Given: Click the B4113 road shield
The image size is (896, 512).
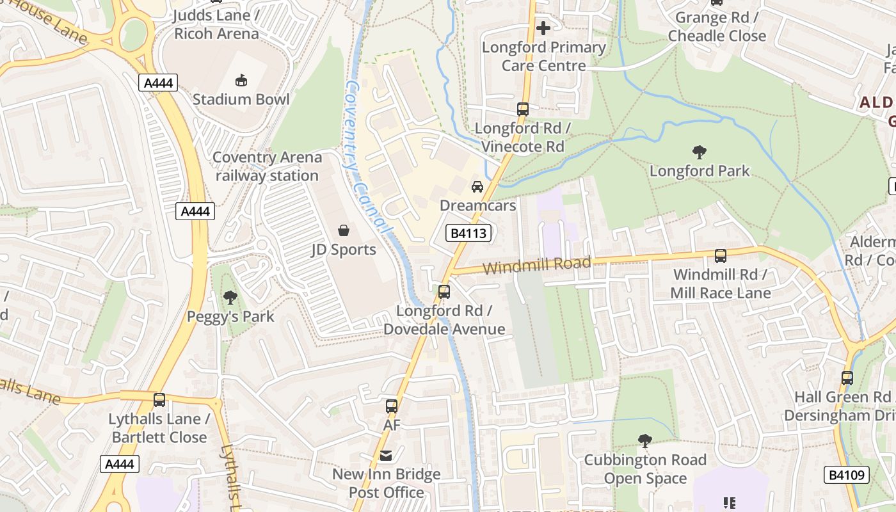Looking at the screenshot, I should [468, 234].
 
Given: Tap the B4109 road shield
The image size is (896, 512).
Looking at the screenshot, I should [846, 475].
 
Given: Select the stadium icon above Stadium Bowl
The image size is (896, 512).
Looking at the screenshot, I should [241, 81].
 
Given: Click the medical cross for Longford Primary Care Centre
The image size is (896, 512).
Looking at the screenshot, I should [543, 28].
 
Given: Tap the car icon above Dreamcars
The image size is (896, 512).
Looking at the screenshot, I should [477, 187].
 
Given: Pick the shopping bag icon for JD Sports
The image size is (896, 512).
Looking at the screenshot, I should [344, 230].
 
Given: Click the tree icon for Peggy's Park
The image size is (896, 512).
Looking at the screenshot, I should [230, 298].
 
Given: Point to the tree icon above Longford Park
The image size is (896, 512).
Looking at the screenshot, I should [699, 152].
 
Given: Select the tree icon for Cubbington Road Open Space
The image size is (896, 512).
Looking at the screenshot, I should [645, 441].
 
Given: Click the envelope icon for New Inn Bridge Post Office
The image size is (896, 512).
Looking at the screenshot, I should [386, 456].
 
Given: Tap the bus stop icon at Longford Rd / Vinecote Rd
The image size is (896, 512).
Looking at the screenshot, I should [523, 109].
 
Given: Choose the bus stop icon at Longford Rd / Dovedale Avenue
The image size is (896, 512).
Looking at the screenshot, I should [444, 292].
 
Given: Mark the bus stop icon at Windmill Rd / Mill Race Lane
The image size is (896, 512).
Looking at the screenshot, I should [721, 256].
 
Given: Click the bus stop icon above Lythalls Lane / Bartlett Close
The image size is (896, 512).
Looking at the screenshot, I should [159, 400].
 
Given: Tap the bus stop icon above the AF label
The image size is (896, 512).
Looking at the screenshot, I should [391, 406].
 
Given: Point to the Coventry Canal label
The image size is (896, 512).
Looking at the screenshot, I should [367, 157].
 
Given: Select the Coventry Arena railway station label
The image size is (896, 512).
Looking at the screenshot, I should [267, 166].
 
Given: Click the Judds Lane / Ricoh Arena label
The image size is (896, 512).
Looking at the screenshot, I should [216, 24].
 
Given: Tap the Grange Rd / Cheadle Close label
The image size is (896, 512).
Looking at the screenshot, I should [717, 27].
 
